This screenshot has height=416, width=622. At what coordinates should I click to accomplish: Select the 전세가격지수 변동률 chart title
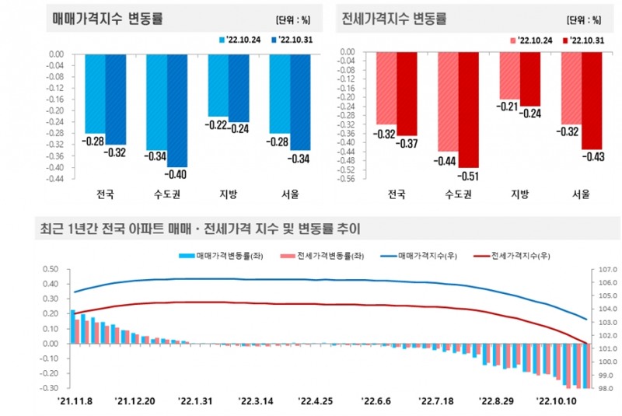tap(395, 17)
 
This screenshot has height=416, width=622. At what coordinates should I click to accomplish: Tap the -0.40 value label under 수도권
tap(177, 173)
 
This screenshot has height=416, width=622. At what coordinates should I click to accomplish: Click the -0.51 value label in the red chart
tap(468, 176)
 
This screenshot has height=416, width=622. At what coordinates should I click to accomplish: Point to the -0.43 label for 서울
tap(592, 156)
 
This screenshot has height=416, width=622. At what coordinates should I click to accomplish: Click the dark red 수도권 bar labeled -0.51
tap(468, 110)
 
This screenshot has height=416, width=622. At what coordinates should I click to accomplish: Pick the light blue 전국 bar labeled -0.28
tap(95, 93)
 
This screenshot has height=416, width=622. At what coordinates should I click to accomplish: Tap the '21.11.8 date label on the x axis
tap(75, 401)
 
